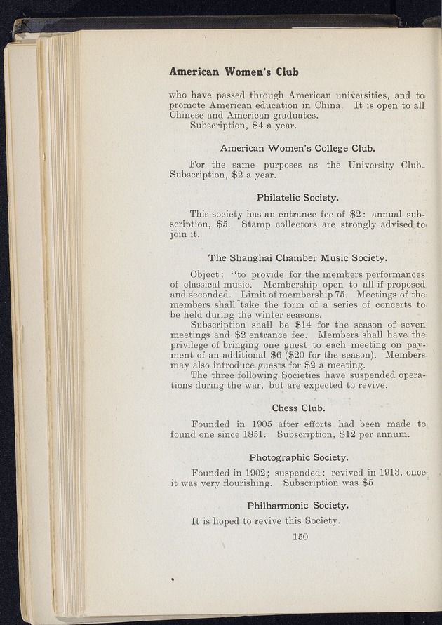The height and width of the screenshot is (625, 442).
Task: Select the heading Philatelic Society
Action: [298, 197]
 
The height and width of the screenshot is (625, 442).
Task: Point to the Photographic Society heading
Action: [298, 458]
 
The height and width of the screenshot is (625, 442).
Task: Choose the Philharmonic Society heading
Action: [298, 505]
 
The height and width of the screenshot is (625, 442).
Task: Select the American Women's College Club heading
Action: [298, 148]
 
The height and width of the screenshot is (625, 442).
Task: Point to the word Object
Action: [206, 274]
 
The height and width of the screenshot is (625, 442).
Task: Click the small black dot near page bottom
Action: [172, 579]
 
